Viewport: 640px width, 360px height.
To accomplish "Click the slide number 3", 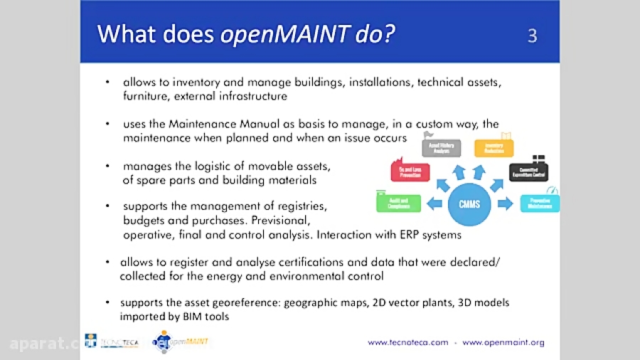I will (x=532, y=35).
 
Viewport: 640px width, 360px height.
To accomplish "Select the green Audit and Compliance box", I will (x=399, y=203).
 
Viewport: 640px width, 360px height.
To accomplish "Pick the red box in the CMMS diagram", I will (x=410, y=171).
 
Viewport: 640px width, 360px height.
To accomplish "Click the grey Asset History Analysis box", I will (x=441, y=147).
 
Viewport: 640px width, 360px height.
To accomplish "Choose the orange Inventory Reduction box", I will (x=494, y=147).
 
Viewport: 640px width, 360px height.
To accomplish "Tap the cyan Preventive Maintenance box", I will (x=540, y=203).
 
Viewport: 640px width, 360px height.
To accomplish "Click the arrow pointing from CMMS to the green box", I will (x=434, y=204).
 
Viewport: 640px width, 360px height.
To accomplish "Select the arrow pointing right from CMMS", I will (x=505, y=204).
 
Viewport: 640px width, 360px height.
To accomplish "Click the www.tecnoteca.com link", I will (x=407, y=342).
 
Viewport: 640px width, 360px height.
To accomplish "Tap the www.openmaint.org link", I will (x=503, y=342).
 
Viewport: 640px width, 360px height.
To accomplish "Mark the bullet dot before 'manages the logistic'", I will (x=107, y=166).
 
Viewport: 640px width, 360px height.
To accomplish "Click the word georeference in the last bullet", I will (x=247, y=302).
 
